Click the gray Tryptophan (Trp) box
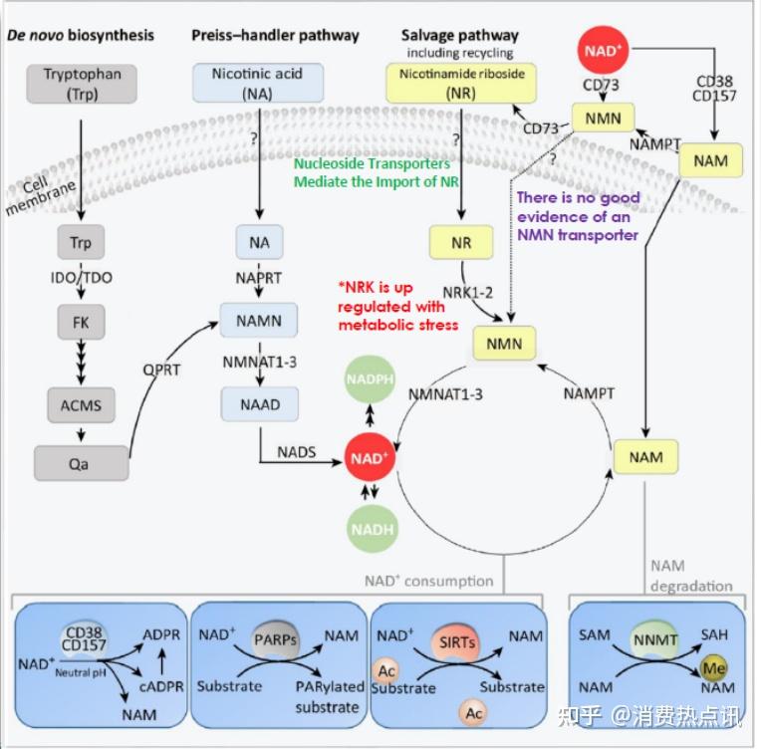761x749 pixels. coord(82,83)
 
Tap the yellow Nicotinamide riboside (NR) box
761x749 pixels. coord(462,83)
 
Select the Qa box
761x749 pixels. coord(82,462)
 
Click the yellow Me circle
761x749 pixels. coord(712,666)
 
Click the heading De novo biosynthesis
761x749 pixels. coord(82,36)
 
